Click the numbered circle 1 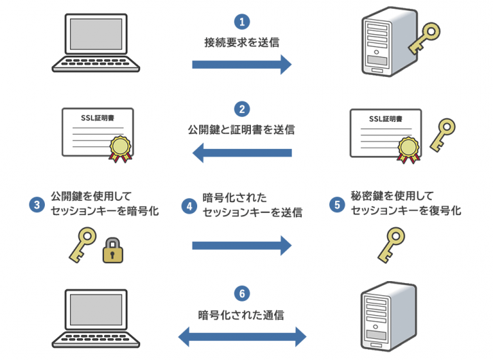click(241, 21)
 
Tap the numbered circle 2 click(241, 108)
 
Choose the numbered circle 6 click(241, 294)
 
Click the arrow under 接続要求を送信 click(241, 65)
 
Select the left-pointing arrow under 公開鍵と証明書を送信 click(241, 152)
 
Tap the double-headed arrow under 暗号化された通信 click(241, 335)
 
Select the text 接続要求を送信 click(241, 42)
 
